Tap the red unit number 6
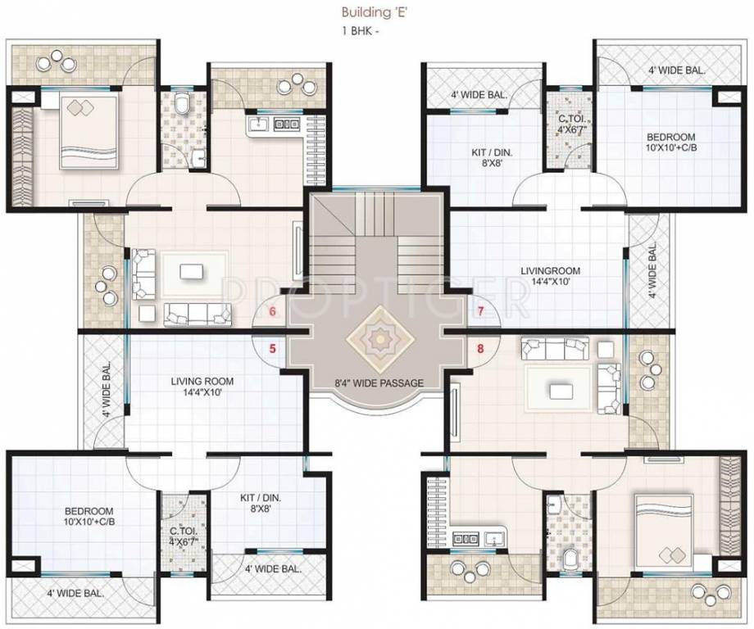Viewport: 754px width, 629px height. tap(273, 311)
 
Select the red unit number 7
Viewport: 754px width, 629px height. tap(481, 311)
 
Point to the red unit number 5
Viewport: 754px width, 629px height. tap(273, 347)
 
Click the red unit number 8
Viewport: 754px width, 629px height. tap(481, 347)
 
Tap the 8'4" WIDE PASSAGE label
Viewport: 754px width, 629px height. tap(379, 382)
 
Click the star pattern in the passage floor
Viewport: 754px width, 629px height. tap(378, 337)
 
